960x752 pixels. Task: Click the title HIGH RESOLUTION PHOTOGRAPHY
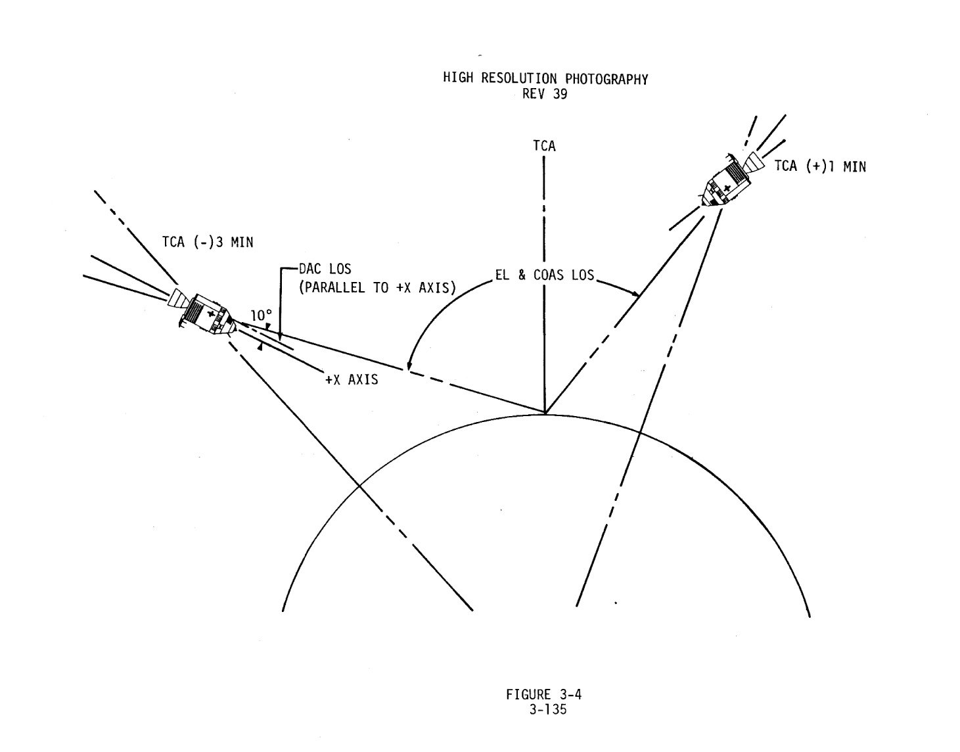click(x=545, y=79)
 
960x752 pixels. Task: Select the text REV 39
click(x=545, y=94)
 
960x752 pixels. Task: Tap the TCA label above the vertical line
click(x=544, y=146)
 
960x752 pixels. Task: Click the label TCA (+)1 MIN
click(x=819, y=166)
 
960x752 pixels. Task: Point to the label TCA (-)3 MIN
click(x=208, y=242)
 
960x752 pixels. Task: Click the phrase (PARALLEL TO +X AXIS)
click(x=378, y=287)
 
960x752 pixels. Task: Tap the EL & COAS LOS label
click(x=545, y=275)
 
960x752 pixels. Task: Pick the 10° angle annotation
click(x=260, y=316)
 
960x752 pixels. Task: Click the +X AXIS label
click(x=352, y=379)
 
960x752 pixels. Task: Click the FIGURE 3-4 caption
click(x=544, y=694)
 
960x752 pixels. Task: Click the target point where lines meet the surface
click(x=545, y=413)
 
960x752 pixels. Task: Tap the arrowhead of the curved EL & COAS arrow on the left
click(x=409, y=365)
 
